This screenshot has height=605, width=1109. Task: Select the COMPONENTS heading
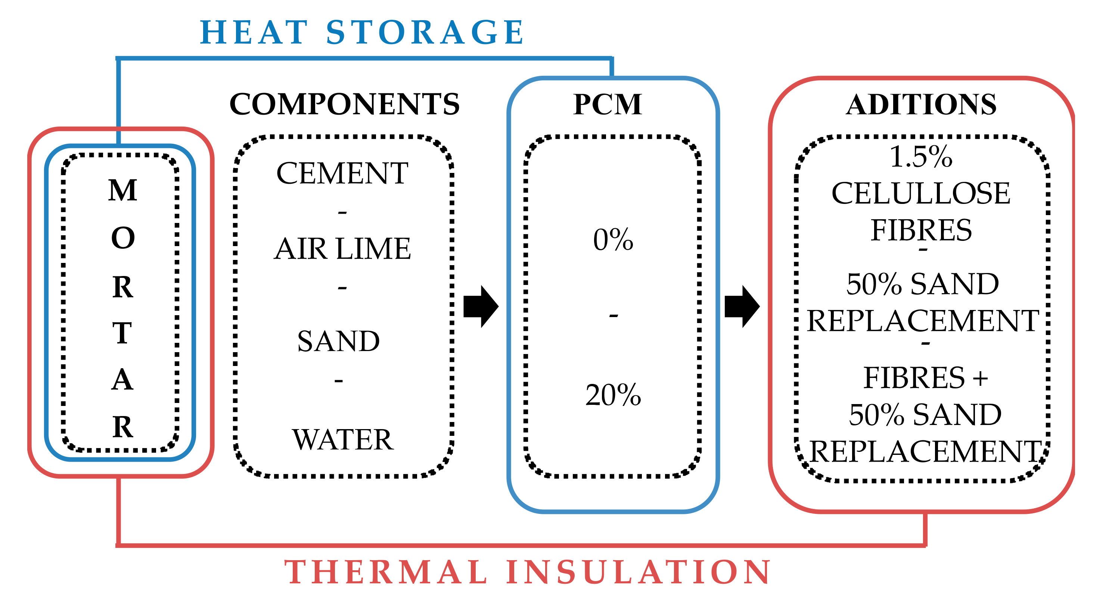(344, 104)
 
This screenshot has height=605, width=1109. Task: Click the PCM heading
(608, 104)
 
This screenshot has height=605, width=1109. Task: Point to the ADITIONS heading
(921, 104)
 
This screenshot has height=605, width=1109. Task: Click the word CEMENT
(342, 173)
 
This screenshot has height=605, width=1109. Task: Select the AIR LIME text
(342, 249)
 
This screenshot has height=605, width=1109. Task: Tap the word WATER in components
(343, 440)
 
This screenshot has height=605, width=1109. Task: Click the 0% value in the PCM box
(613, 239)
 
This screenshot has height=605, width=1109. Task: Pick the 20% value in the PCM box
(613, 395)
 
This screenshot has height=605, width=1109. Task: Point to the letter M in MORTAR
(123, 190)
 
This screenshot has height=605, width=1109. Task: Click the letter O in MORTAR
(123, 238)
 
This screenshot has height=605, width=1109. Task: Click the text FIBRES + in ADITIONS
(925, 378)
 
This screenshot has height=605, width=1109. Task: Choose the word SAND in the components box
(338, 341)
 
